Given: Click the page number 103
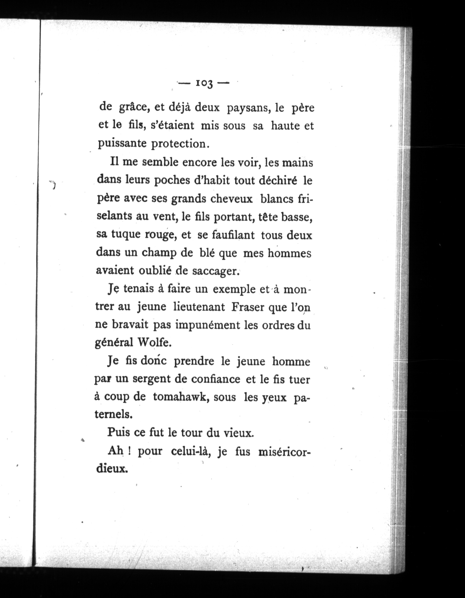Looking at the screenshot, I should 204,84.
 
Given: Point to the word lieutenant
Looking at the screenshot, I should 199,307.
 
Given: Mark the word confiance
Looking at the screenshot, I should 216,379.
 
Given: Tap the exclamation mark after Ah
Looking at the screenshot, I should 128,451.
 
